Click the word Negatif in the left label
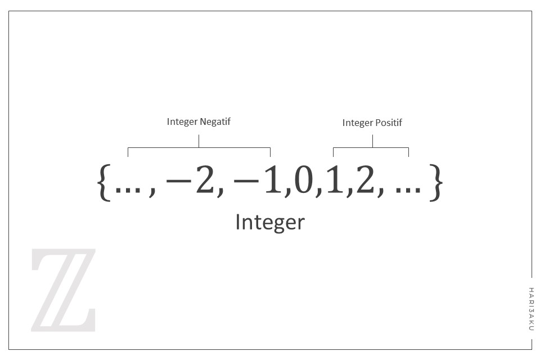coord(216,121)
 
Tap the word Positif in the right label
coord(388,123)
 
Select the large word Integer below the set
coord(269,222)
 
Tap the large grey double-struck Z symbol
coord(63,290)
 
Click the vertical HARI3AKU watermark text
coord(531,309)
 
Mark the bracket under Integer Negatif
coord(199,148)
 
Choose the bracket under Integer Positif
coord(371,148)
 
